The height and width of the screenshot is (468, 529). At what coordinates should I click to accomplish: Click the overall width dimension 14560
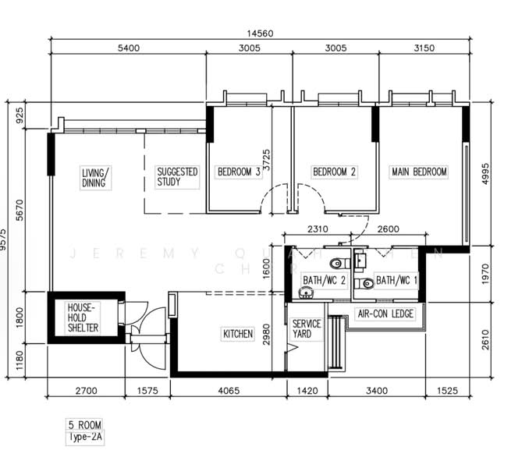[x=261, y=34]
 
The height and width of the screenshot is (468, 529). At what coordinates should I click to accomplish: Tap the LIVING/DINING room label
[x=97, y=177]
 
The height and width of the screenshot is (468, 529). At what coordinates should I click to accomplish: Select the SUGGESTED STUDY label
[x=177, y=176]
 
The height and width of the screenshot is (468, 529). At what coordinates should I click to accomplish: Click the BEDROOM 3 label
[x=239, y=172]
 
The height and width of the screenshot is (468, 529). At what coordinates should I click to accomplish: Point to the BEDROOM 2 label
[x=334, y=172]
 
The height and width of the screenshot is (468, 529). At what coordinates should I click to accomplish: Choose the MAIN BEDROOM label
[x=419, y=172]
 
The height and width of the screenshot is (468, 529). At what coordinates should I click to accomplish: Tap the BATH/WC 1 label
[x=396, y=279]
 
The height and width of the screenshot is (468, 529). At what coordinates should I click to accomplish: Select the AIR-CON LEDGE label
[x=385, y=314]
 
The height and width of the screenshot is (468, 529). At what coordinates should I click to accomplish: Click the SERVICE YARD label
[x=307, y=328]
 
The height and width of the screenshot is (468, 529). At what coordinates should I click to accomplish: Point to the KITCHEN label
[x=238, y=334]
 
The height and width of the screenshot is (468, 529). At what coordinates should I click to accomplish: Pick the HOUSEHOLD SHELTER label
[x=83, y=317]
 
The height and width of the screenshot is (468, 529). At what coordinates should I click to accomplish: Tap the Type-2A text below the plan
[x=86, y=438]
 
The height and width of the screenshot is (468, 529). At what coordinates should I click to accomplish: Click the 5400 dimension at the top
[x=128, y=48]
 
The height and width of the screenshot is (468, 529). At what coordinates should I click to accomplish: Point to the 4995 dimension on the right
[x=485, y=176]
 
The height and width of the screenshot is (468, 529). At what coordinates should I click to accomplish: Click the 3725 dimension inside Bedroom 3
[x=267, y=159]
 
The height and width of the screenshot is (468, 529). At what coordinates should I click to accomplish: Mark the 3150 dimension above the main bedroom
[x=422, y=48]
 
